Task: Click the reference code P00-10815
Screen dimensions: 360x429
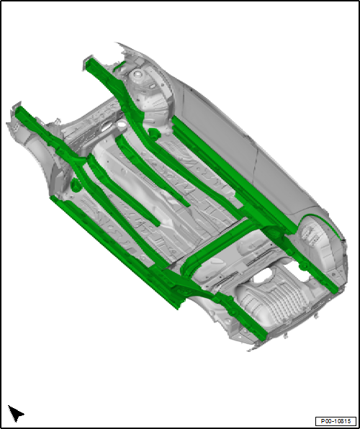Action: click(336, 421)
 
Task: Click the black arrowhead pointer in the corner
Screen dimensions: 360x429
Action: click(16, 413)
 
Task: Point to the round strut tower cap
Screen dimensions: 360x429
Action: click(137, 74)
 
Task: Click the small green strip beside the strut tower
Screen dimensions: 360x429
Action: click(120, 66)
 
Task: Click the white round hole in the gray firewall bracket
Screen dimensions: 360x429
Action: click(121, 125)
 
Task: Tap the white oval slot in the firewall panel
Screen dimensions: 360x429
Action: click(107, 127)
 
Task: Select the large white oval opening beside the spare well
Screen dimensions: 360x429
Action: click(262, 276)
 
